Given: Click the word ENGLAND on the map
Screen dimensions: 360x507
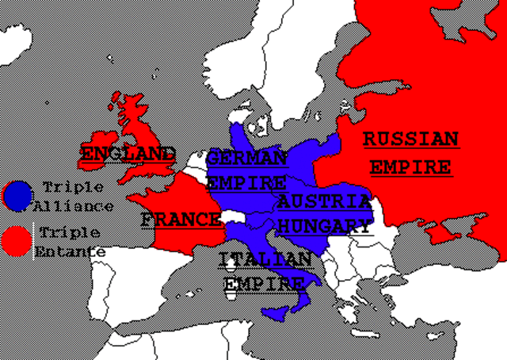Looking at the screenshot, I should (127, 152).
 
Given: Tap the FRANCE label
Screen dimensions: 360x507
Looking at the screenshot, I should (181, 219).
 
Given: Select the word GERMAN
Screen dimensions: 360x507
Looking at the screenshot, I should (247, 158).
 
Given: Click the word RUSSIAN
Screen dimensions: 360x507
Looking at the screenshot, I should (410, 140).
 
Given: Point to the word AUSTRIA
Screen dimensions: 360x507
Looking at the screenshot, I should (324, 201).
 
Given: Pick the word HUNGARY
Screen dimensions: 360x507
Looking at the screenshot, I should (326, 225).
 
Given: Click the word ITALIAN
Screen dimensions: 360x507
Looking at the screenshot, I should (265, 259).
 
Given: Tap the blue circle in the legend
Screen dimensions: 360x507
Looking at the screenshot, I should (17, 196).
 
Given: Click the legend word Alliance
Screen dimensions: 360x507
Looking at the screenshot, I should (74, 206).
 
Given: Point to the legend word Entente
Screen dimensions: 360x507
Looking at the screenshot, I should (70, 251).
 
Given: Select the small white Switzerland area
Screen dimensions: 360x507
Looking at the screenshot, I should (234, 216).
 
